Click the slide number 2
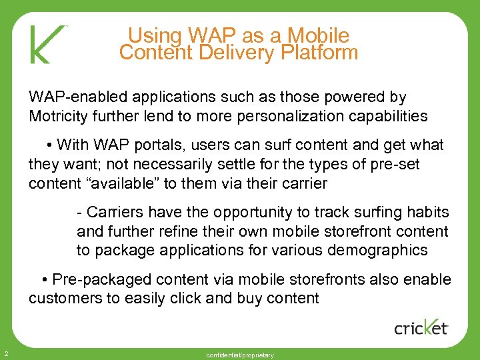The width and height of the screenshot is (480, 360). (x=5, y=353)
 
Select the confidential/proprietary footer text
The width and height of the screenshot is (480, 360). (x=240, y=355)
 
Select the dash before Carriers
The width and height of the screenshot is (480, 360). (x=80, y=213)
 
